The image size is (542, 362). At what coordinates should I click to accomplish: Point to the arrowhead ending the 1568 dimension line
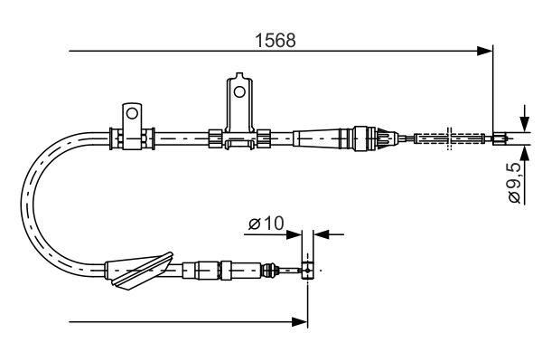click(486, 52)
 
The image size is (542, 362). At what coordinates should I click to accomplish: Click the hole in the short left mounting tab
click(131, 114)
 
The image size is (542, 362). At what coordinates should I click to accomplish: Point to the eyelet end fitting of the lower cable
click(308, 270)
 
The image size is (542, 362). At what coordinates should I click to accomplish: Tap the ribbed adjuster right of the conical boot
click(375, 138)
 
